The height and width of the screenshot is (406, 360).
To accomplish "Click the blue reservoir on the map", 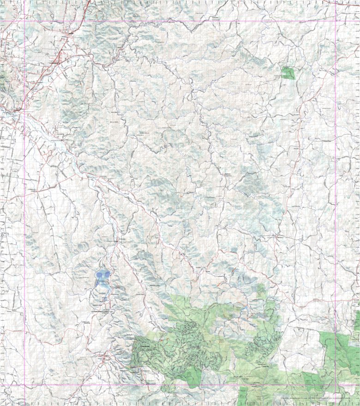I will (x=102, y=280).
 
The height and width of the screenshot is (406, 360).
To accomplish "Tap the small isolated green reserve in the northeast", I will (x=288, y=73).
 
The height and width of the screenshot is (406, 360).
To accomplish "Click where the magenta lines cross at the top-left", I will (x=24, y=21).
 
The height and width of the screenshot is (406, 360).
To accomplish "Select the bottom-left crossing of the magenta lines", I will (x=24, y=385).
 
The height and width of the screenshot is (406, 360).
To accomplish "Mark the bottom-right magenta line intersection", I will (x=336, y=385).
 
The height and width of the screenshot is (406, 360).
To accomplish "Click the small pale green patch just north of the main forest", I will (x=261, y=291).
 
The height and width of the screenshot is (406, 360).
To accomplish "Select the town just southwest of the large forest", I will (x=105, y=357).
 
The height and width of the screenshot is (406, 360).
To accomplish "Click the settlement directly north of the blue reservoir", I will (x=117, y=240).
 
